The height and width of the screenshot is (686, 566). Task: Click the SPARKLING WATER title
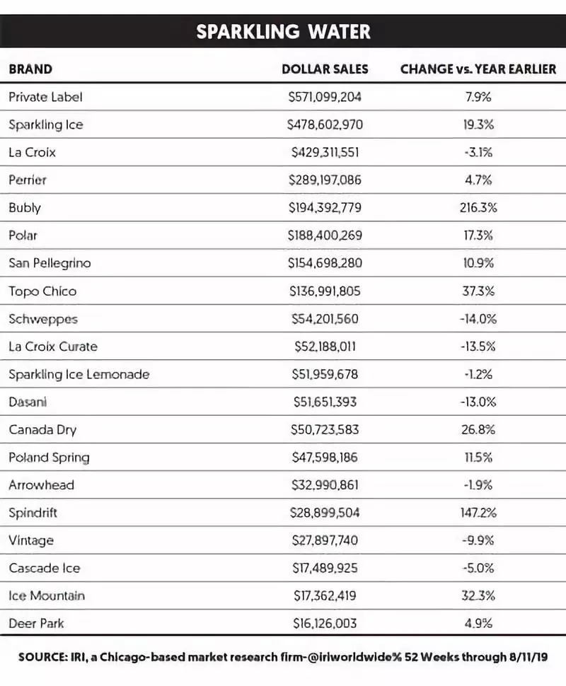283,32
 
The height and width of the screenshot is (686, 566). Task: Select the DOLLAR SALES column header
325,69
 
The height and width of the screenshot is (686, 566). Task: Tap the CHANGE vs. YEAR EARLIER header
478,69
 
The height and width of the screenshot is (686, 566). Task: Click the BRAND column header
30,69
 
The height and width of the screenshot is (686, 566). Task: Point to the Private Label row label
45,97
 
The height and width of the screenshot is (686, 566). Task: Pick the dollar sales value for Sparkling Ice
325,124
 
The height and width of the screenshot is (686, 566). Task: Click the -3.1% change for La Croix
478,152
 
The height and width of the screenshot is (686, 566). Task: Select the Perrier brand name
28,180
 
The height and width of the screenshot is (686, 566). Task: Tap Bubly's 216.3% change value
478,208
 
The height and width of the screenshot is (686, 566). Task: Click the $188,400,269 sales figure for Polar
325,236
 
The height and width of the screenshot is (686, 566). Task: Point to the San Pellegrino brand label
50,263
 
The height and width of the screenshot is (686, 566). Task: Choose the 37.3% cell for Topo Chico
478,291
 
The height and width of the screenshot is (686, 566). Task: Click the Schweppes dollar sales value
325,319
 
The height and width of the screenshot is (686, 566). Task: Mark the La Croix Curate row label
53,347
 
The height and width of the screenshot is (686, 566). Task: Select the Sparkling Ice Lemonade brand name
79,374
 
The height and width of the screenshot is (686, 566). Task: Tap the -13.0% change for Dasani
478,402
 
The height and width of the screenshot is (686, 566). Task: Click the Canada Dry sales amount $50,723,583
325,429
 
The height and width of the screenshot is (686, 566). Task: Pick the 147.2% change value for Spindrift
478,513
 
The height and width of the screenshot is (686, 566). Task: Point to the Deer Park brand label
36,624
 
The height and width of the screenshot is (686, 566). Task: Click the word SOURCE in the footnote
40,656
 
